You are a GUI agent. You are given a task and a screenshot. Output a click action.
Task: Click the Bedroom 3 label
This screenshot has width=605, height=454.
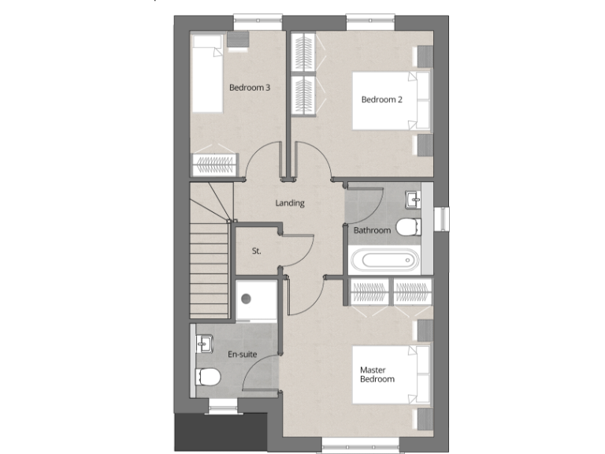[250, 87]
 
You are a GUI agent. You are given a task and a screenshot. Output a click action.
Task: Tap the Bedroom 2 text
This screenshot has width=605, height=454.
[382, 99]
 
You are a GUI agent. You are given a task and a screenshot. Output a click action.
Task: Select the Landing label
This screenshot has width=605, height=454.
[289, 203]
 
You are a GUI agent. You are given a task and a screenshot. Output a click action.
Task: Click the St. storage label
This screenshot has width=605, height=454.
[256, 251]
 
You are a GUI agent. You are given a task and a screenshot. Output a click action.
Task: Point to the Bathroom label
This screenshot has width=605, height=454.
[372, 230]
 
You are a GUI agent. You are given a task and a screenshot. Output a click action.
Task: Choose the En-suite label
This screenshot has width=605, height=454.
[243, 355]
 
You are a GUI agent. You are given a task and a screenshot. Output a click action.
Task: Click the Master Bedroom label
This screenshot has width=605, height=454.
[377, 374]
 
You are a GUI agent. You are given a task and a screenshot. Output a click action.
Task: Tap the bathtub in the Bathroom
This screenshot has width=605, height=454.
[384, 260]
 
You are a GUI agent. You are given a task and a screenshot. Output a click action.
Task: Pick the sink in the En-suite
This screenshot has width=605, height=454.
[206, 344]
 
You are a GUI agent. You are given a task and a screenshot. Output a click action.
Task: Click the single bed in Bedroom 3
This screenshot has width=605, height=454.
[209, 73]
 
